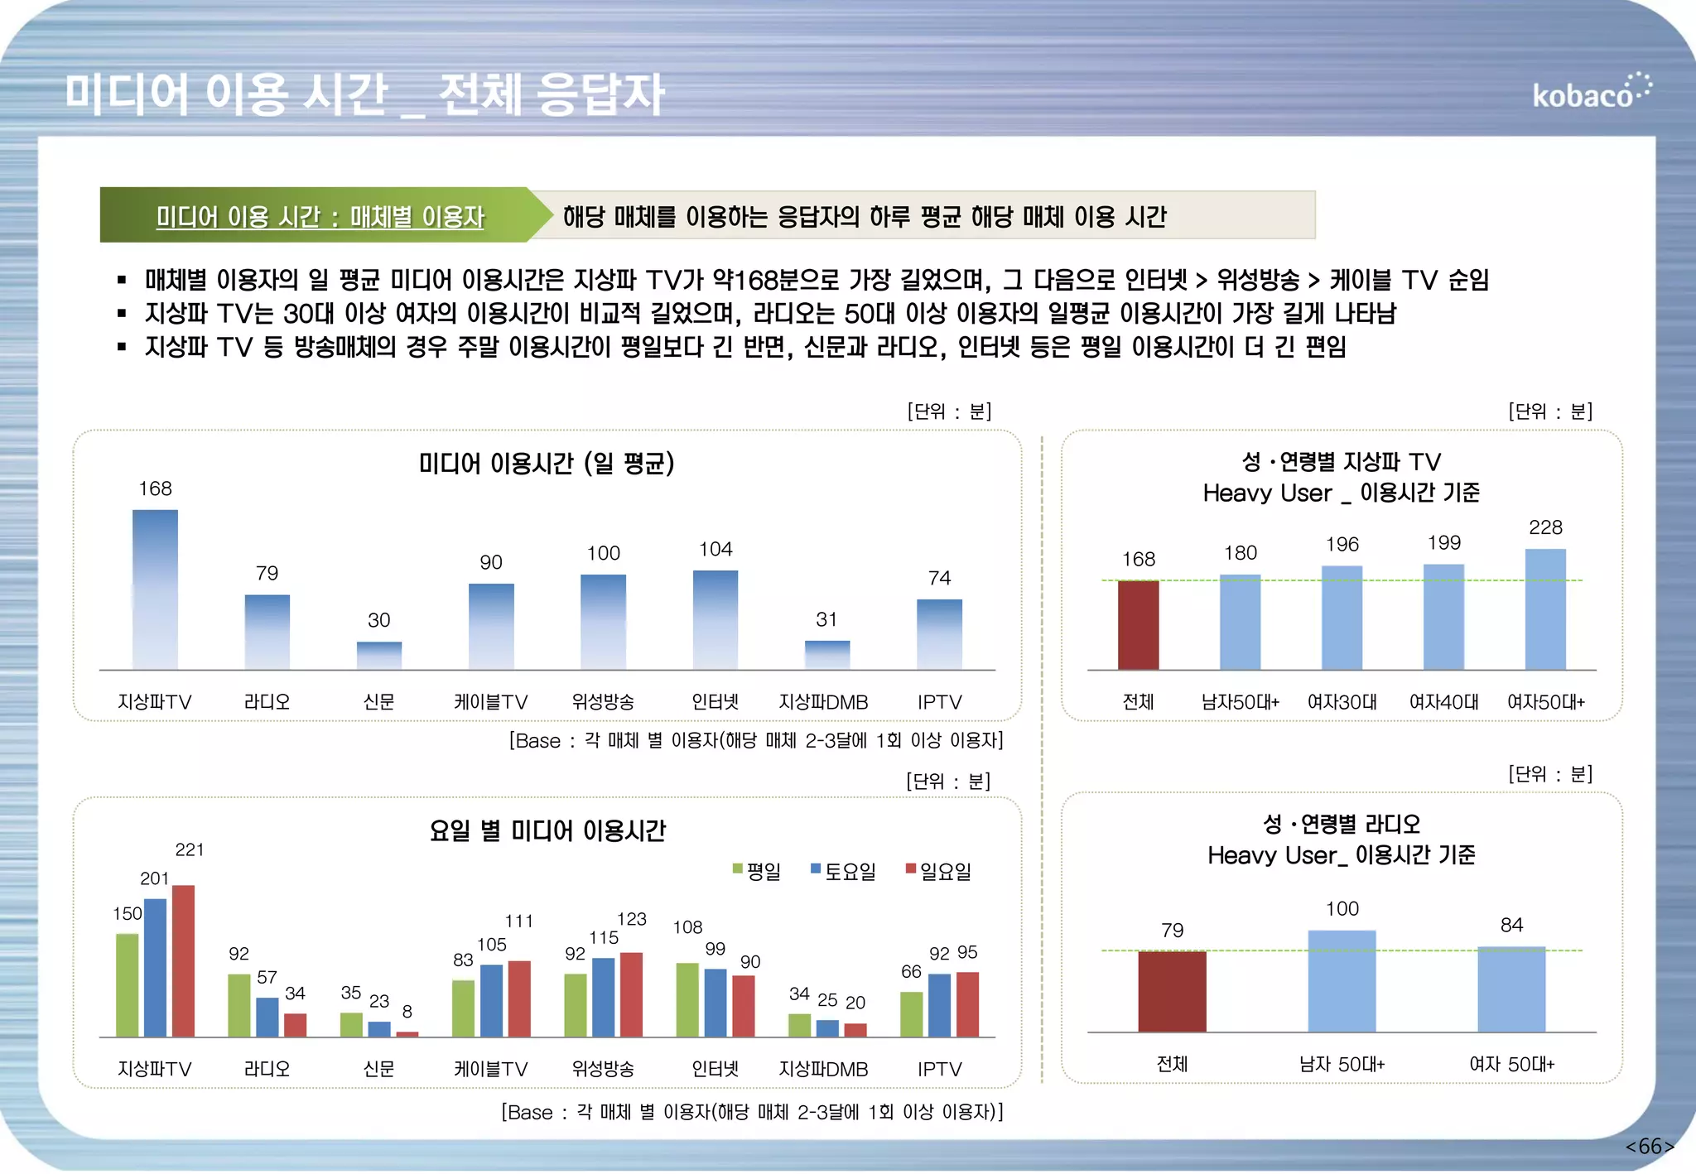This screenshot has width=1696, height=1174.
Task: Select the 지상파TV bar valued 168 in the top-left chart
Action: coord(155,589)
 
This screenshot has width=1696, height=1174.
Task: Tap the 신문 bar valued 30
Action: coord(379,655)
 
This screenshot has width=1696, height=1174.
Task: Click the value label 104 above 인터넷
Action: coord(715,549)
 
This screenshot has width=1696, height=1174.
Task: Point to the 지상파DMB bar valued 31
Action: coord(826,654)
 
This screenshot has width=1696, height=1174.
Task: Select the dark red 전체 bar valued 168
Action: coord(1138,625)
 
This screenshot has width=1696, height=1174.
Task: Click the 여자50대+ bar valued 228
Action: coord(1545,609)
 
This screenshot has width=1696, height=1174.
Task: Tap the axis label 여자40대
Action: coord(1443,702)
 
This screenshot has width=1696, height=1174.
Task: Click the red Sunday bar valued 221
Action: coord(183,960)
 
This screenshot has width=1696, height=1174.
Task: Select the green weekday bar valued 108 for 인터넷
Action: coord(687,999)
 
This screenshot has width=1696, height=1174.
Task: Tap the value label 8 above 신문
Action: coord(407,1011)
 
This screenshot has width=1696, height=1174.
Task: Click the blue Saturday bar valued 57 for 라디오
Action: coord(267,1017)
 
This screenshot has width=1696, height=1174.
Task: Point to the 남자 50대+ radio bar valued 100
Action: coord(1342,981)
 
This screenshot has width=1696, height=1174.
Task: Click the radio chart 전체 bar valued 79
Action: coord(1172,991)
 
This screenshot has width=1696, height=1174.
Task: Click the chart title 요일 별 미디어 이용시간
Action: coord(547,830)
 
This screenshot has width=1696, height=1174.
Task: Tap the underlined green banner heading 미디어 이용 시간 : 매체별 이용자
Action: coord(320,217)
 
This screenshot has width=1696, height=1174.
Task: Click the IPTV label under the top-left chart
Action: coord(939,702)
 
